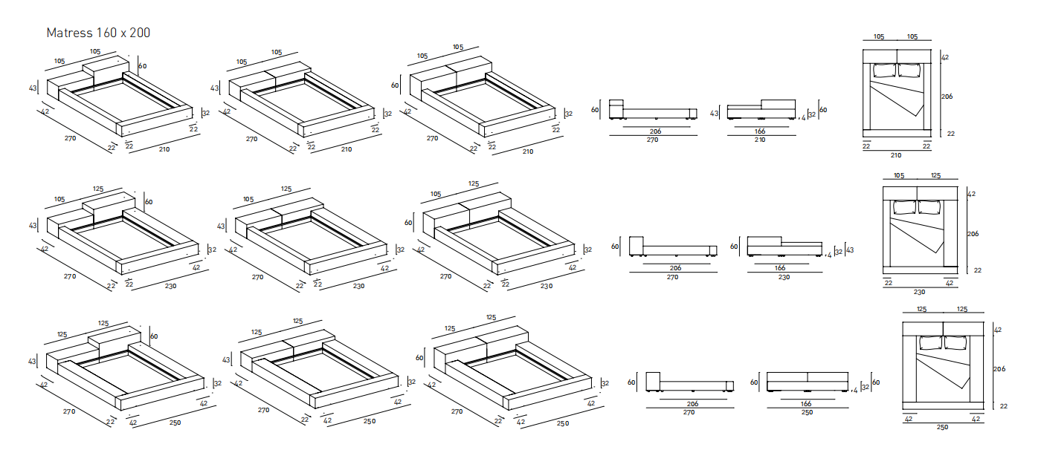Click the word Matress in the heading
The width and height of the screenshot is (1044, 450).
tap(69, 33)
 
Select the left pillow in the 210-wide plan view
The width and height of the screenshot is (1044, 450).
tap(884, 71)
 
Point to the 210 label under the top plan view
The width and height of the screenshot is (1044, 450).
tap(896, 156)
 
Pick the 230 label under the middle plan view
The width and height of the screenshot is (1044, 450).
tap(919, 293)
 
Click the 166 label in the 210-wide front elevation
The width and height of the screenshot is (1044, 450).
tap(759, 131)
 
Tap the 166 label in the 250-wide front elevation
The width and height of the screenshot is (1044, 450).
tap(806, 403)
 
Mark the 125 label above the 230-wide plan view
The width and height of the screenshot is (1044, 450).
tap(935, 177)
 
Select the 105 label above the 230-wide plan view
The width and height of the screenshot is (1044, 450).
tap(898, 177)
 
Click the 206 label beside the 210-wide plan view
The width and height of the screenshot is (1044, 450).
tap(947, 97)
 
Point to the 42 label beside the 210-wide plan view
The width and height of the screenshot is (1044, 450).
tap(945, 57)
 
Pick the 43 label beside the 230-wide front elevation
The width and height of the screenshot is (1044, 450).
tap(850, 250)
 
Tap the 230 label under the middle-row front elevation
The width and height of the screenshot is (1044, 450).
tap(784, 276)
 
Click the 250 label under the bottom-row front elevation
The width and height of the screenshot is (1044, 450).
tap(807, 412)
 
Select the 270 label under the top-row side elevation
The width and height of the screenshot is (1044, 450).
tap(652, 140)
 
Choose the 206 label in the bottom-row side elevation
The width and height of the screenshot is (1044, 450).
tap(692, 403)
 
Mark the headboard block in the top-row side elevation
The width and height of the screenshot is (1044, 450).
tap(616, 108)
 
